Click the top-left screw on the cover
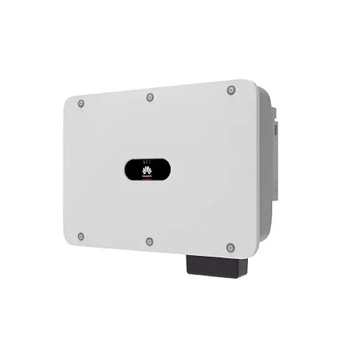tap(81, 103)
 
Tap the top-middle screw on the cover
tap(149, 97)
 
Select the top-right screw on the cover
tap(231, 90)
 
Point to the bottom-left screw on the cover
tap(81, 236)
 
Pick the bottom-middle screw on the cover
tap(149, 241)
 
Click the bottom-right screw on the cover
tap(230, 248)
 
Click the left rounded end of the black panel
tap(128, 169)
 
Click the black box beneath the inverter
tap(216, 266)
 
